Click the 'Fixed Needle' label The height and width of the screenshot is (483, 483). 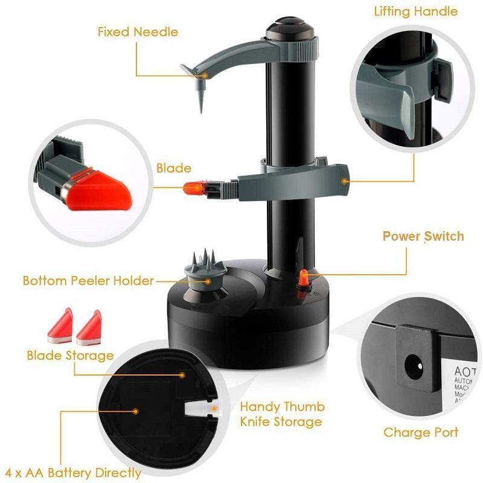[139, 31]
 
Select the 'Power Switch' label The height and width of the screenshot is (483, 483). [423, 235]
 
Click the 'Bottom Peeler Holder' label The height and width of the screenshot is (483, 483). [88, 281]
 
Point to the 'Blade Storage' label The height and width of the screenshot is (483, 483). [69, 355]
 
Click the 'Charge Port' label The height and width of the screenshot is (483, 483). [421, 432]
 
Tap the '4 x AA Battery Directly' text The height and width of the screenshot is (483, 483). [71, 472]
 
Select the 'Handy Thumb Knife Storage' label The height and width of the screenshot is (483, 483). [283, 414]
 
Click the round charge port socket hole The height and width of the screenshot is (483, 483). [415, 366]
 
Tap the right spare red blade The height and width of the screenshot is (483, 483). [89, 323]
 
